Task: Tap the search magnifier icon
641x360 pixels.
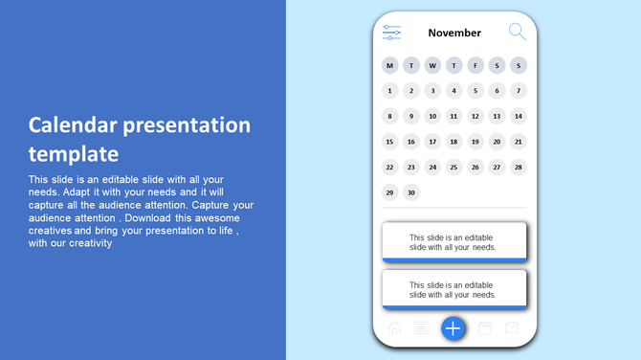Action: click(x=517, y=32)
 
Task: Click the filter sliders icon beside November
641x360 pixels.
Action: click(x=391, y=33)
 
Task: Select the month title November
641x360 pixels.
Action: click(x=454, y=33)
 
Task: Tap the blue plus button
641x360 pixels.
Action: click(x=453, y=328)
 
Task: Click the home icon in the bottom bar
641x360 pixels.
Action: click(x=394, y=328)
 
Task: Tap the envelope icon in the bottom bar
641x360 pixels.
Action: click(x=512, y=328)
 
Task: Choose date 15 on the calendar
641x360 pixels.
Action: click(x=389, y=142)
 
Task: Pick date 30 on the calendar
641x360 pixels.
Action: click(x=411, y=192)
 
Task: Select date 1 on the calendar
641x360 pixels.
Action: click(x=389, y=91)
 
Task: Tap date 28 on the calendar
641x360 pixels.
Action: click(x=519, y=167)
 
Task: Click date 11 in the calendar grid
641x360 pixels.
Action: click(x=454, y=117)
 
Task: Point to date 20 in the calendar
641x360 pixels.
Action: click(x=497, y=142)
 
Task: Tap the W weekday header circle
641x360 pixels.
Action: click(x=432, y=66)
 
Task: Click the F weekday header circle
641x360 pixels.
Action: click(x=475, y=66)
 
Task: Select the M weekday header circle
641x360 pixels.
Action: click(x=389, y=66)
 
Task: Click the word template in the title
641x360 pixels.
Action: click(x=74, y=154)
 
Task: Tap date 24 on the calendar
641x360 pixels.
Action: click(x=432, y=167)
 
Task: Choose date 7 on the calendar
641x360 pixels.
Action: click(x=519, y=91)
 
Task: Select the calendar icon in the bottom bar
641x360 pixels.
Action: click(x=485, y=328)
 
